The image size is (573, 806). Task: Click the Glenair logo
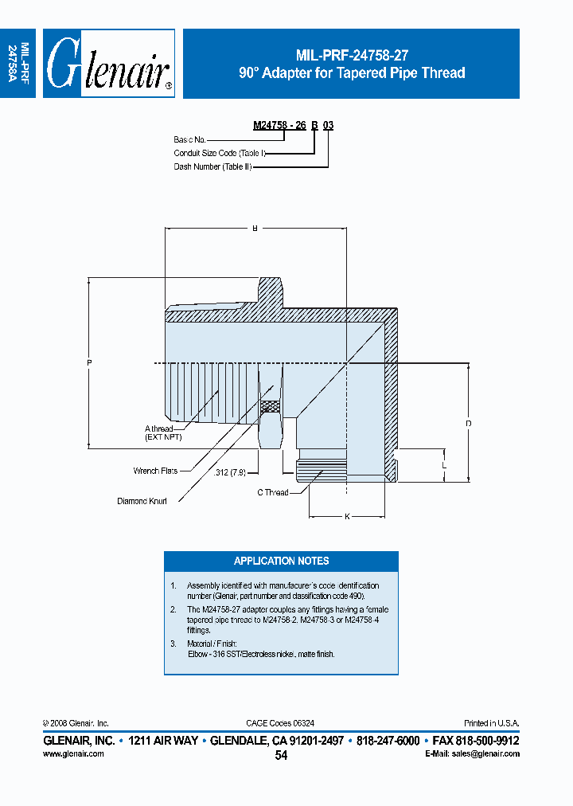108,65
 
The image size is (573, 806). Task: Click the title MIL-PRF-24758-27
352,56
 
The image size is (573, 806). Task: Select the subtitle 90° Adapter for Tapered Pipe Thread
352,73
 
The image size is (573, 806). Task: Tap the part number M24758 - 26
279,126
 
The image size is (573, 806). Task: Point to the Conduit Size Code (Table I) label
219,153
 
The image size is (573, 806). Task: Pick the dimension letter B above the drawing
255,229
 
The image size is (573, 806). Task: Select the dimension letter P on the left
89,364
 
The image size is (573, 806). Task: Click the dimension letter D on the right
469,424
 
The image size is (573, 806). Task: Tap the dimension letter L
444,464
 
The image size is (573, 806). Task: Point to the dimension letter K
348,517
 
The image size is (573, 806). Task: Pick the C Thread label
272,492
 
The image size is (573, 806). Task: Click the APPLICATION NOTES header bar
281,561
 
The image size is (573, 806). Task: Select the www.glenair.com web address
73,753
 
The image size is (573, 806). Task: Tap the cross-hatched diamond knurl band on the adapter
271,406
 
